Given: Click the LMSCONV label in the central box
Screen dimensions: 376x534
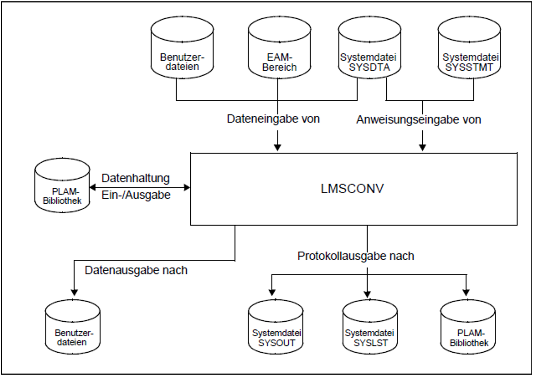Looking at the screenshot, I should pyautogui.click(x=352, y=189).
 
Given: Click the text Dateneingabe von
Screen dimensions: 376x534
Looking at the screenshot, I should pyautogui.click(x=273, y=119).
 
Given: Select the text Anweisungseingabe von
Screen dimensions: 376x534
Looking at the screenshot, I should pyautogui.click(x=418, y=120).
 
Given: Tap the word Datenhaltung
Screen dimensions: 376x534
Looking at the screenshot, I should pyautogui.click(x=135, y=178).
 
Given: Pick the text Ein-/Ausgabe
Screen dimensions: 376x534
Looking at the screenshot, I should pyautogui.click(x=136, y=195).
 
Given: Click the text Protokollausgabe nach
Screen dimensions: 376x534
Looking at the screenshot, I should pyautogui.click(x=355, y=256).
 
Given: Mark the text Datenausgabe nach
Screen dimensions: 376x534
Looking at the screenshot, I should pyautogui.click(x=136, y=270).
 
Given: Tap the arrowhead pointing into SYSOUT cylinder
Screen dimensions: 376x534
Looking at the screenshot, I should pyautogui.click(x=272, y=293).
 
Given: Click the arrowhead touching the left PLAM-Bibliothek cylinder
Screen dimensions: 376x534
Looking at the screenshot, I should pyautogui.click(x=92, y=187).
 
